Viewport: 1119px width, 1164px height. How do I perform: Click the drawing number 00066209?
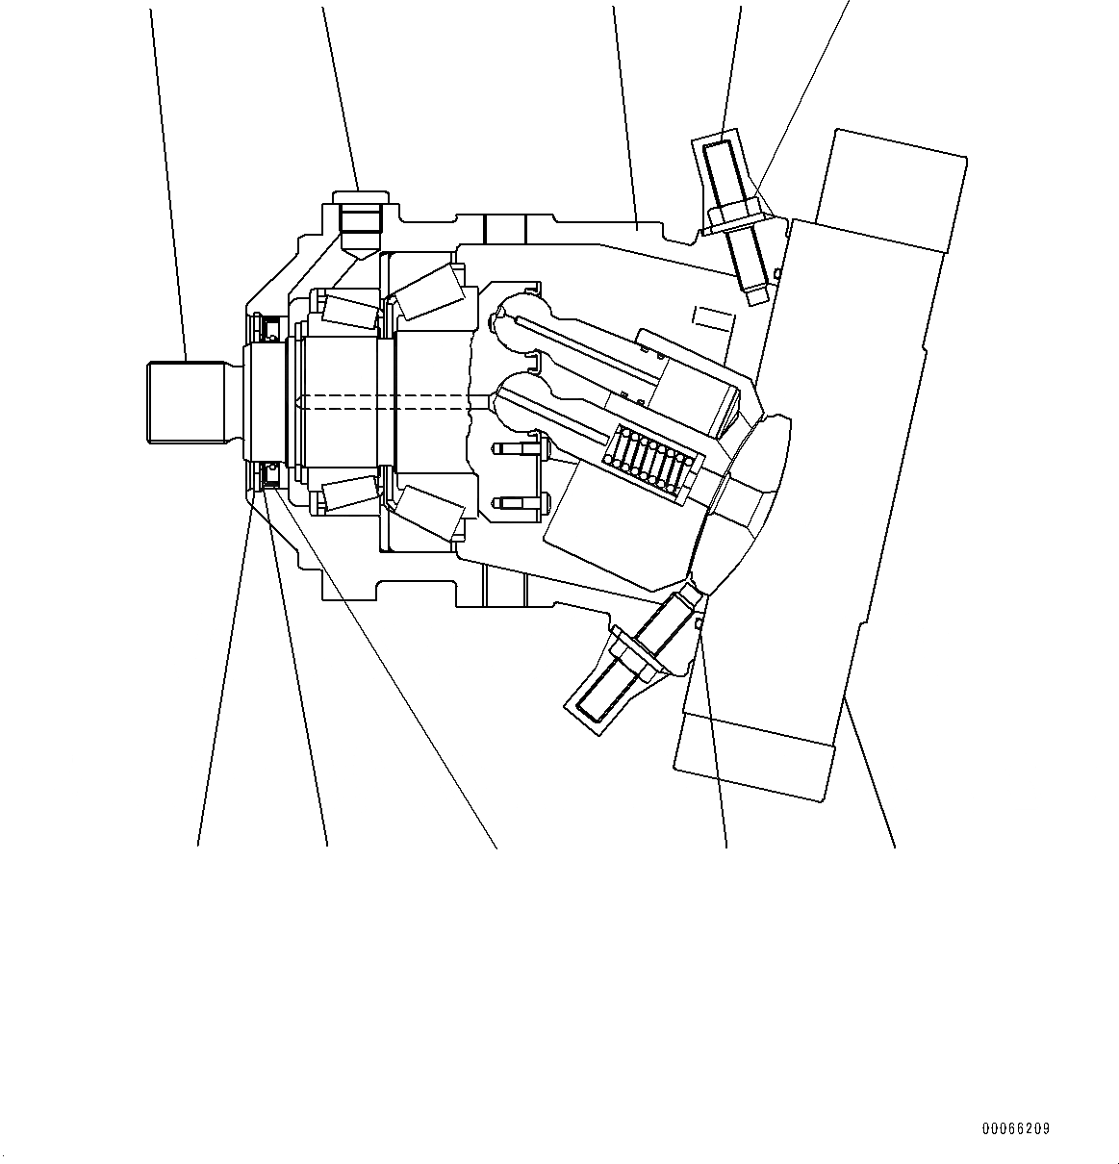tap(1016, 1128)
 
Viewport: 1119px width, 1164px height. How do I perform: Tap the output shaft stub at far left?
tap(187, 401)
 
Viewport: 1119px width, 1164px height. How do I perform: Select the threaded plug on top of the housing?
tap(359, 222)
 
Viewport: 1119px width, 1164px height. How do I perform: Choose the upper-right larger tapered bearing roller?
tap(430, 292)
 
